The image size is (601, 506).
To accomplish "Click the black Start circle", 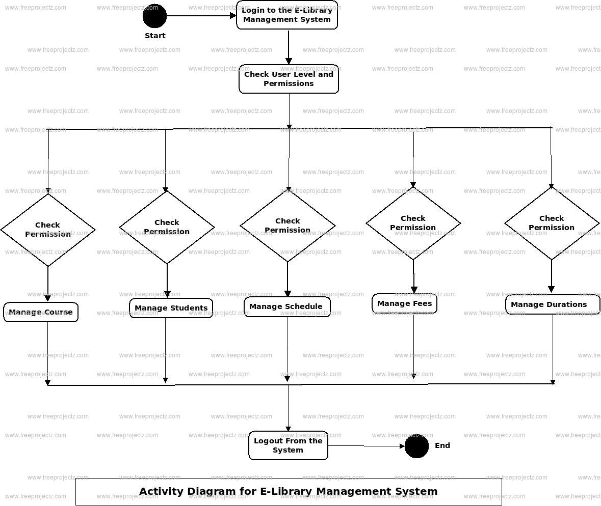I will [x=154, y=16].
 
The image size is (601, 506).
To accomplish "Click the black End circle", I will [x=416, y=446].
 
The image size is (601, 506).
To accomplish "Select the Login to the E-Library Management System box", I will [x=287, y=15].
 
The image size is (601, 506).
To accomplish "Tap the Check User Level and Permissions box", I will [x=289, y=79].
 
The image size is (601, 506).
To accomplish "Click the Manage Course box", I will [x=41, y=312].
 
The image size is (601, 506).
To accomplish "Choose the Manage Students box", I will [x=171, y=308].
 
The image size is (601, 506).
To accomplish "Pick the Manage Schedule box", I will [x=287, y=306].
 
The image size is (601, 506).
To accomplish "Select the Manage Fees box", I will [x=404, y=303].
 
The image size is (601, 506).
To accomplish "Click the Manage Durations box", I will [x=552, y=304].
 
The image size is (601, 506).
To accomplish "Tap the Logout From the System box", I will [x=288, y=445].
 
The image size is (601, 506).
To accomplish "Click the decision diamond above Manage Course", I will [x=48, y=230].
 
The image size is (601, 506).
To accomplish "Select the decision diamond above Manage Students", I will [x=167, y=227].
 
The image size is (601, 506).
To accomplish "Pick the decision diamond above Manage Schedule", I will [x=288, y=226].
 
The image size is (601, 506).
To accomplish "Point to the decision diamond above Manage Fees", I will [x=413, y=223].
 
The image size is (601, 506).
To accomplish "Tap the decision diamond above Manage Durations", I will [x=552, y=223].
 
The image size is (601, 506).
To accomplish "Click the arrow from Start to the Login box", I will [x=201, y=16].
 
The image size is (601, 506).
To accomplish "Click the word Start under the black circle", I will [x=155, y=36].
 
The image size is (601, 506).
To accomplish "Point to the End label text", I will [x=442, y=445].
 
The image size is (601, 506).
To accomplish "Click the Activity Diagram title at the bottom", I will [x=289, y=491].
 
